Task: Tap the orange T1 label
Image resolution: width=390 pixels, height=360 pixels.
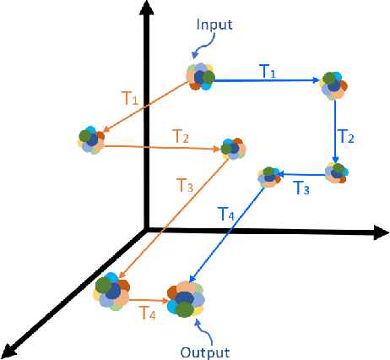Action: click(130, 99)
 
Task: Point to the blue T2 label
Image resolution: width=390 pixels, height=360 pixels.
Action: click(346, 135)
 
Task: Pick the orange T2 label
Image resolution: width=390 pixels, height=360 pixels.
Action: click(181, 135)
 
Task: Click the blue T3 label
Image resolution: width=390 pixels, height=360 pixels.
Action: click(302, 188)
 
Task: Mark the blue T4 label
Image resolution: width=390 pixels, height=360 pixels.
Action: click(227, 215)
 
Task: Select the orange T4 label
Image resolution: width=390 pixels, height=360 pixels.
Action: click(147, 314)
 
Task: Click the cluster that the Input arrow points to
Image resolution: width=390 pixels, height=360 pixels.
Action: click(200, 78)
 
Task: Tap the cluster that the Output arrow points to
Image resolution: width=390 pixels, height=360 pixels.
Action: click(186, 297)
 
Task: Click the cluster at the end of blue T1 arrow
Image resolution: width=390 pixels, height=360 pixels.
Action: click(333, 84)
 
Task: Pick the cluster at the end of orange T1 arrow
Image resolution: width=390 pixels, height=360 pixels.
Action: click(89, 140)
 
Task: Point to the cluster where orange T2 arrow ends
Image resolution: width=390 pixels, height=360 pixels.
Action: click(233, 150)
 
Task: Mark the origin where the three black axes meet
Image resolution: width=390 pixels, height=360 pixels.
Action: click(148, 229)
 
